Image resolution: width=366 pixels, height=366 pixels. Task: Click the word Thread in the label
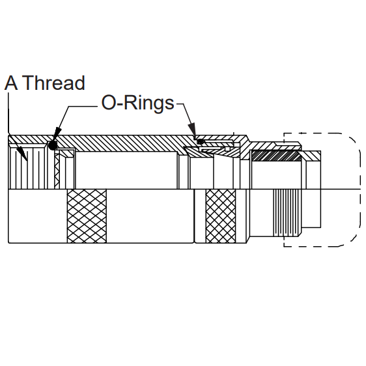click(x=55, y=83)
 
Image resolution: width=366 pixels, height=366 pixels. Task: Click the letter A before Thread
click(x=11, y=83)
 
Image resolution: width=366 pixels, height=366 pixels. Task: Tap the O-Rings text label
click(x=137, y=103)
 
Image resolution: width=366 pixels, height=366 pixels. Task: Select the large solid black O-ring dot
click(x=53, y=145)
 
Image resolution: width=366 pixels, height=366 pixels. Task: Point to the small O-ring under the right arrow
click(x=200, y=141)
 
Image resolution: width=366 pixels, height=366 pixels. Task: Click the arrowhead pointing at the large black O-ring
click(x=56, y=134)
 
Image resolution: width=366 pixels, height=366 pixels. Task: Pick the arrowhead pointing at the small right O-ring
click(x=192, y=129)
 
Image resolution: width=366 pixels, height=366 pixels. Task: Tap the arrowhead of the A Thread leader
click(x=23, y=154)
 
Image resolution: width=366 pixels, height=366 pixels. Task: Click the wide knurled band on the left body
click(x=87, y=216)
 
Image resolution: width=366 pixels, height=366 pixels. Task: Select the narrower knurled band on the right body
click(x=221, y=216)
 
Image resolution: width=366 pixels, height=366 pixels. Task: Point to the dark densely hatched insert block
click(x=277, y=156)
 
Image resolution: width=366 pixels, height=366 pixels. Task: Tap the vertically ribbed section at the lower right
click(x=287, y=212)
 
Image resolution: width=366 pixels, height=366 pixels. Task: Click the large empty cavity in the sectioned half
click(x=126, y=170)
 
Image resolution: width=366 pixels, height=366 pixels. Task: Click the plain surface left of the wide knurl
click(x=38, y=216)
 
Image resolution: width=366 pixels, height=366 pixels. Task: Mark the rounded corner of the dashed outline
click(x=352, y=140)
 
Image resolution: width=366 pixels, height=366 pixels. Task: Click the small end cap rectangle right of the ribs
click(x=311, y=208)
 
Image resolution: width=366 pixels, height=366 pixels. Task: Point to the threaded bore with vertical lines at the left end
click(x=28, y=168)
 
